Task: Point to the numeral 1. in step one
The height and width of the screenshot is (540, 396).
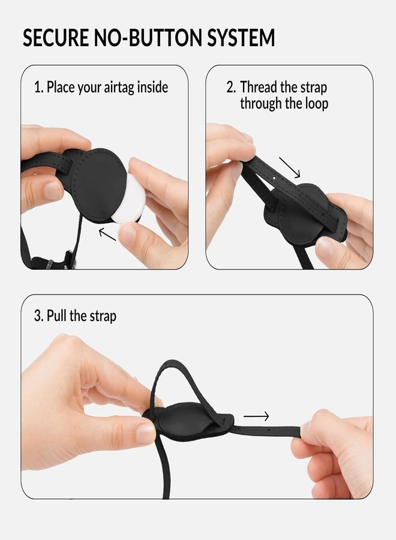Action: click(x=38, y=87)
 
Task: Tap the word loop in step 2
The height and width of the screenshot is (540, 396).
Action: click(x=316, y=103)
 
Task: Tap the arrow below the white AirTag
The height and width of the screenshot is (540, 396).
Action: click(x=107, y=233)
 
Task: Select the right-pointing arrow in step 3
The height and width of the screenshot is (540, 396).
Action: click(x=256, y=416)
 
